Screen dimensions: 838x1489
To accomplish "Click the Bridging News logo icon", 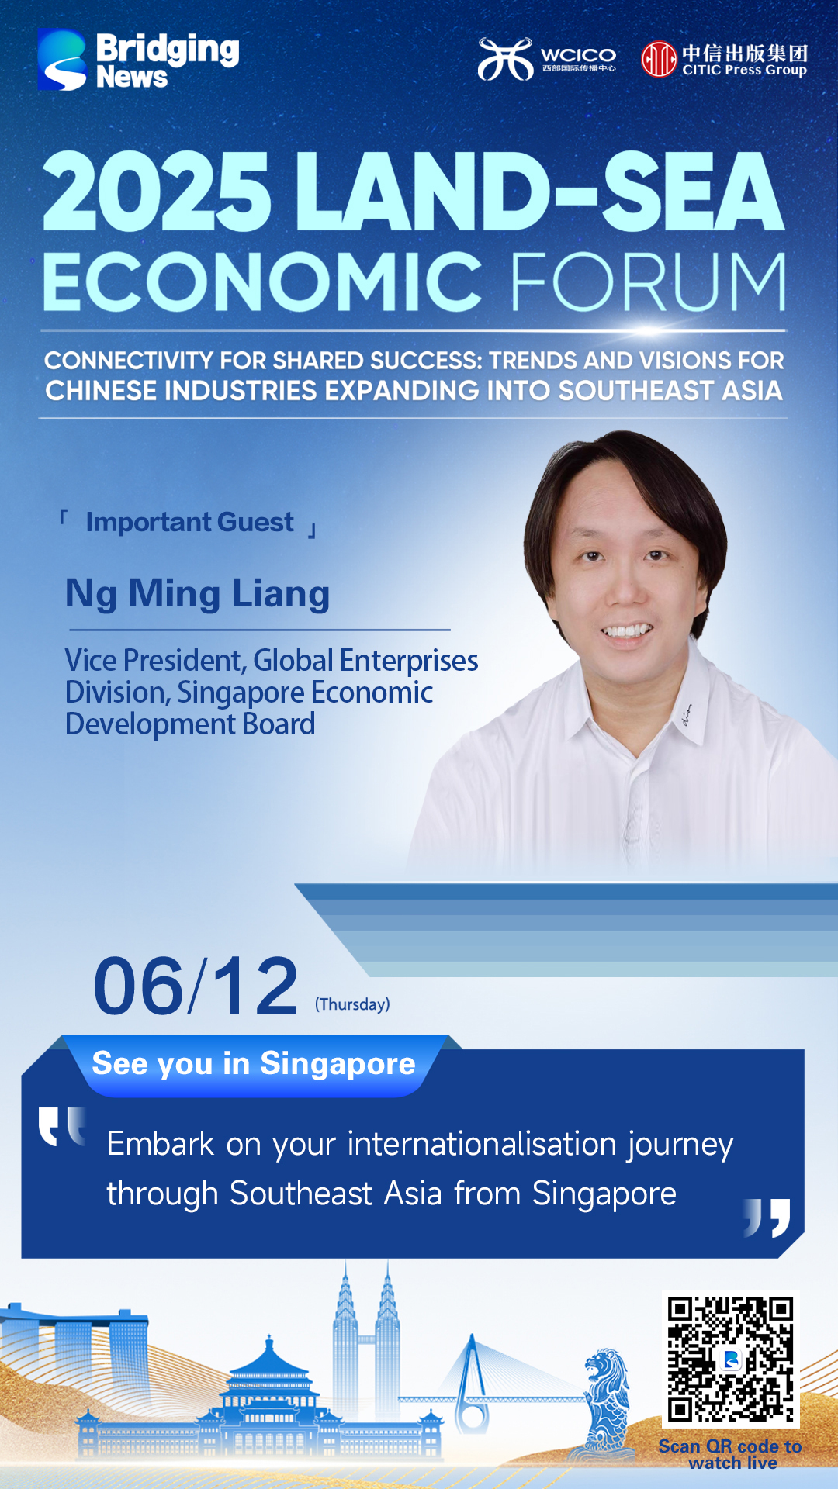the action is coord(62,60).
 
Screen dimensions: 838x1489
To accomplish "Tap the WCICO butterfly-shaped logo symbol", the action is coord(505,59).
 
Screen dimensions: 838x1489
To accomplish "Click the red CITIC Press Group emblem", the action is coord(659,59).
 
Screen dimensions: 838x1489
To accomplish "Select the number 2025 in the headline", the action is coord(158,192).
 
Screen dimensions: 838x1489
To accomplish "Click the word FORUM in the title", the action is coord(648,282).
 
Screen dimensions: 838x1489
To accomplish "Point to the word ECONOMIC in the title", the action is coord(263,282).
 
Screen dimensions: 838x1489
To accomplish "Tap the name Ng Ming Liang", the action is coord(198,594).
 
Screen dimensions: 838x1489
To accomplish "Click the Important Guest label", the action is coord(190,522).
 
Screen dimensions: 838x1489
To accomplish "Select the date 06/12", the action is coord(196,986).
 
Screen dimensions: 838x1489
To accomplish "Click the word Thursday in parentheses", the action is coord(352,1004).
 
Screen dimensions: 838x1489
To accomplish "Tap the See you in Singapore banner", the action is coord(254,1064).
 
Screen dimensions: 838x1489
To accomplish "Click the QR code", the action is coord(730,1359).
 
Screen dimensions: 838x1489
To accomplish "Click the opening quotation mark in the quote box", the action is coord(62,1127).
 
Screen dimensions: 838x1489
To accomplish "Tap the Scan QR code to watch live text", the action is coord(730,1455).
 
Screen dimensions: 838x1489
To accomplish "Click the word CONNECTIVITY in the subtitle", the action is coord(129,361).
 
